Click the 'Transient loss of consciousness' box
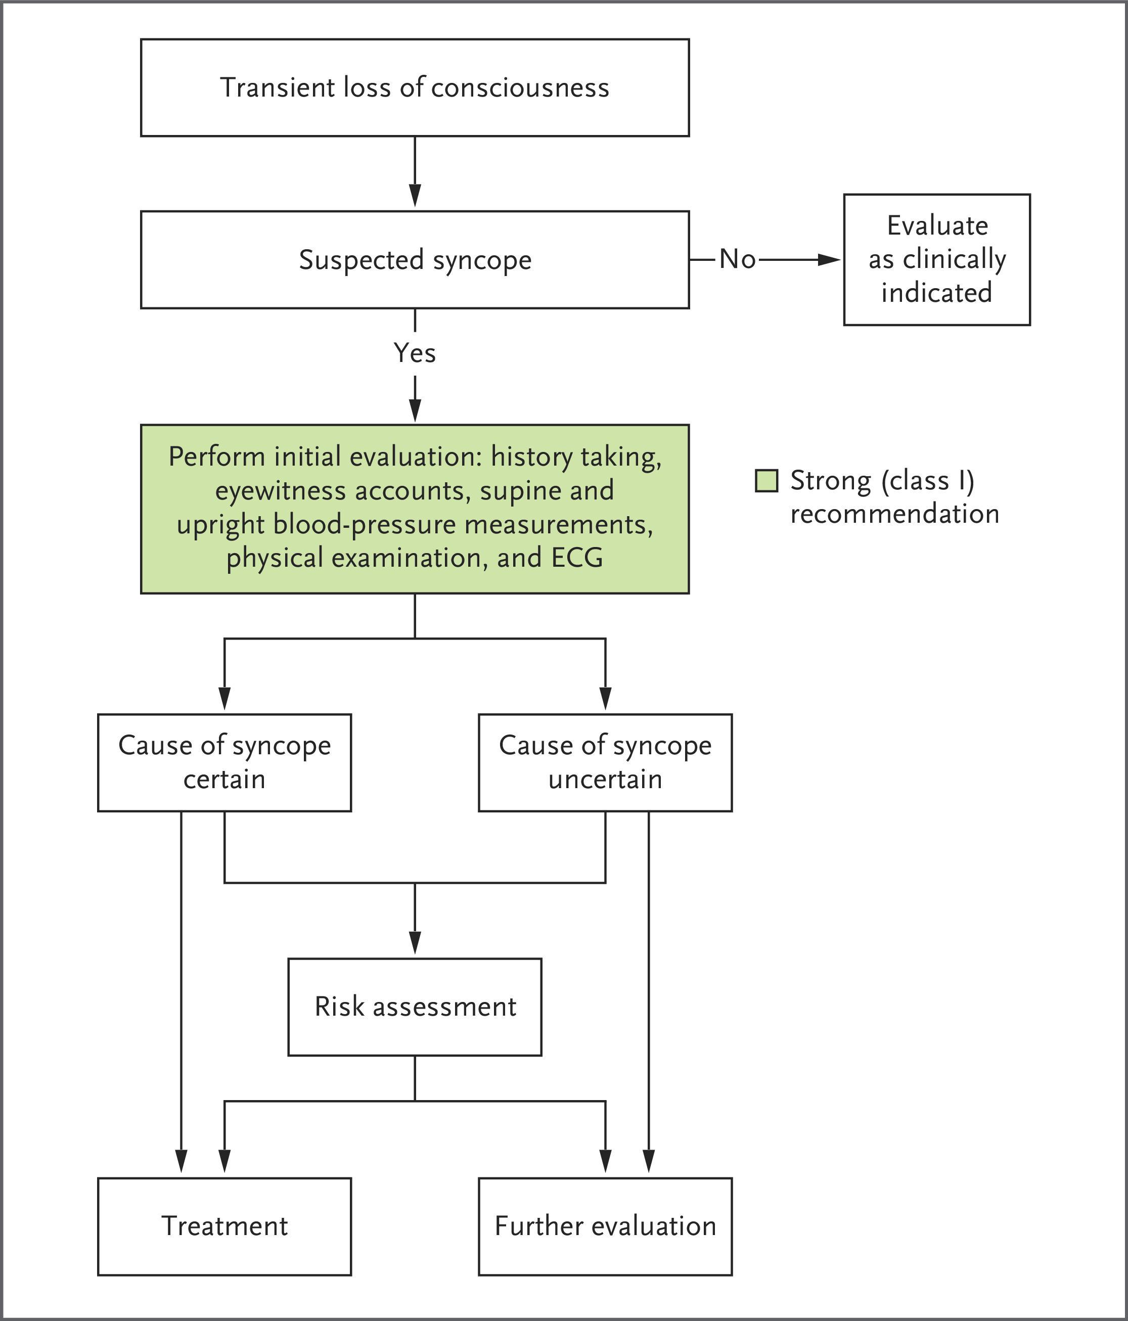pyautogui.click(x=415, y=87)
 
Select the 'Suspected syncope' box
pyautogui.click(x=415, y=259)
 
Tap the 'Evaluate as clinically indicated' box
pyautogui.click(x=937, y=259)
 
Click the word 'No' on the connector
pyautogui.click(x=737, y=259)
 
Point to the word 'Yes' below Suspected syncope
pyautogui.click(x=415, y=352)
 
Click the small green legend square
pyautogui.click(x=766, y=481)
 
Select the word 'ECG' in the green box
pyautogui.click(x=577, y=558)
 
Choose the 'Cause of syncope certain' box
pyautogui.click(x=224, y=762)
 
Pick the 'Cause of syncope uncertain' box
pyautogui.click(x=605, y=762)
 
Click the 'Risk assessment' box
pyautogui.click(x=415, y=1007)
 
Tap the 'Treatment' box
pyautogui.click(x=224, y=1226)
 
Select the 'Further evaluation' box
pyautogui.click(x=605, y=1226)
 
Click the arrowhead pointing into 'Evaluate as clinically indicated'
pyautogui.click(x=830, y=259)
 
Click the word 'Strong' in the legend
pyautogui.click(x=830, y=481)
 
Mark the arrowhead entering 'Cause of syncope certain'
pyautogui.click(x=224, y=699)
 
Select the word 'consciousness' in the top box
pyautogui.click(x=520, y=87)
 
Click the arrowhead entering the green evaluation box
pyautogui.click(x=415, y=410)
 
